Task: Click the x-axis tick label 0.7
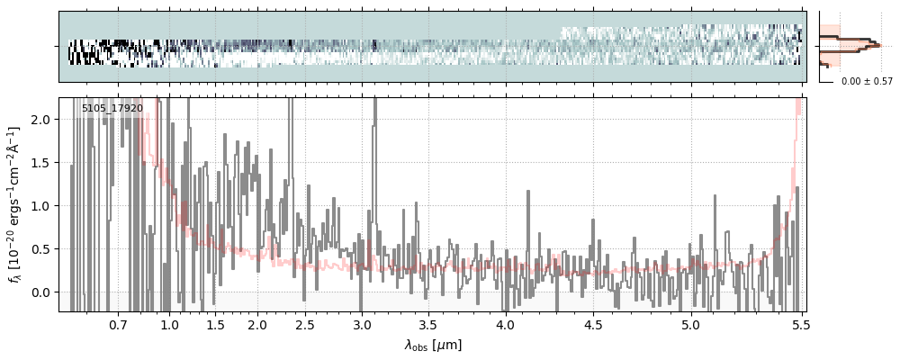pos(118,324)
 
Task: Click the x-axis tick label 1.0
pos(169,324)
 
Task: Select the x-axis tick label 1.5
pos(215,324)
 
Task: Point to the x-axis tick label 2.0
pos(257,324)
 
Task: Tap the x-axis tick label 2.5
pos(305,324)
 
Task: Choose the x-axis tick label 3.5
pos(428,324)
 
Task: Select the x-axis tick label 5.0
pos(690,324)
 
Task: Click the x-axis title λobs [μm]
pos(433,345)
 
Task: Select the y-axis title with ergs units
pos(15,205)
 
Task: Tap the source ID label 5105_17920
pos(112,109)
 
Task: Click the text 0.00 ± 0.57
pos(867,82)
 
